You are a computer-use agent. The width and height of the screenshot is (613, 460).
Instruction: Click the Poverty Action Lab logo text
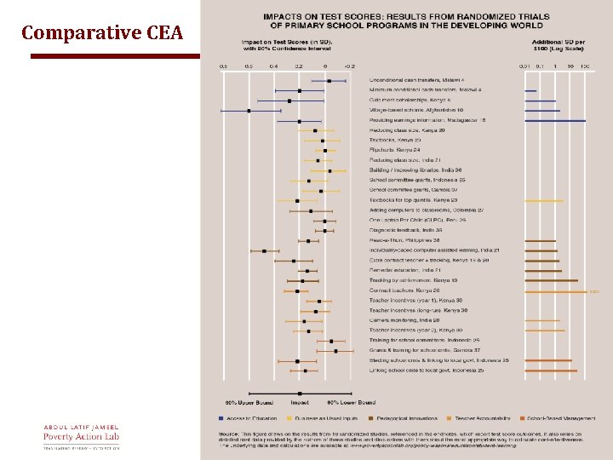(83, 437)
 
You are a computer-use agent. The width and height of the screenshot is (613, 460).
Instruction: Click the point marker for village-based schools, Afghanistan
(249, 111)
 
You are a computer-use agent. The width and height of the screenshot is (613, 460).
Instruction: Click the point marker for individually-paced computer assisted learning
(265, 250)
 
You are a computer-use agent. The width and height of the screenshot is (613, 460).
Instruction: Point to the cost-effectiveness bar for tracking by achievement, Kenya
(552, 280)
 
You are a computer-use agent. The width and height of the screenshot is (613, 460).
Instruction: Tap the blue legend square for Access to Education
(221, 417)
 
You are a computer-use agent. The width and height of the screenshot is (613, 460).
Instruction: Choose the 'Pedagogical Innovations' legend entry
(393, 417)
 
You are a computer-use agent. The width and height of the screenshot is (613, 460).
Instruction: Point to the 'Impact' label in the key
(300, 401)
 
